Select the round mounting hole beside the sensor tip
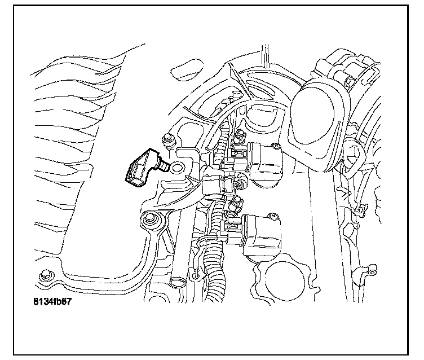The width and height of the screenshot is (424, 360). point(177,166)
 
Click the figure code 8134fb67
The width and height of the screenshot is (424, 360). point(52,301)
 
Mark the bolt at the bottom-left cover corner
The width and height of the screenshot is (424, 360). point(44,276)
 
